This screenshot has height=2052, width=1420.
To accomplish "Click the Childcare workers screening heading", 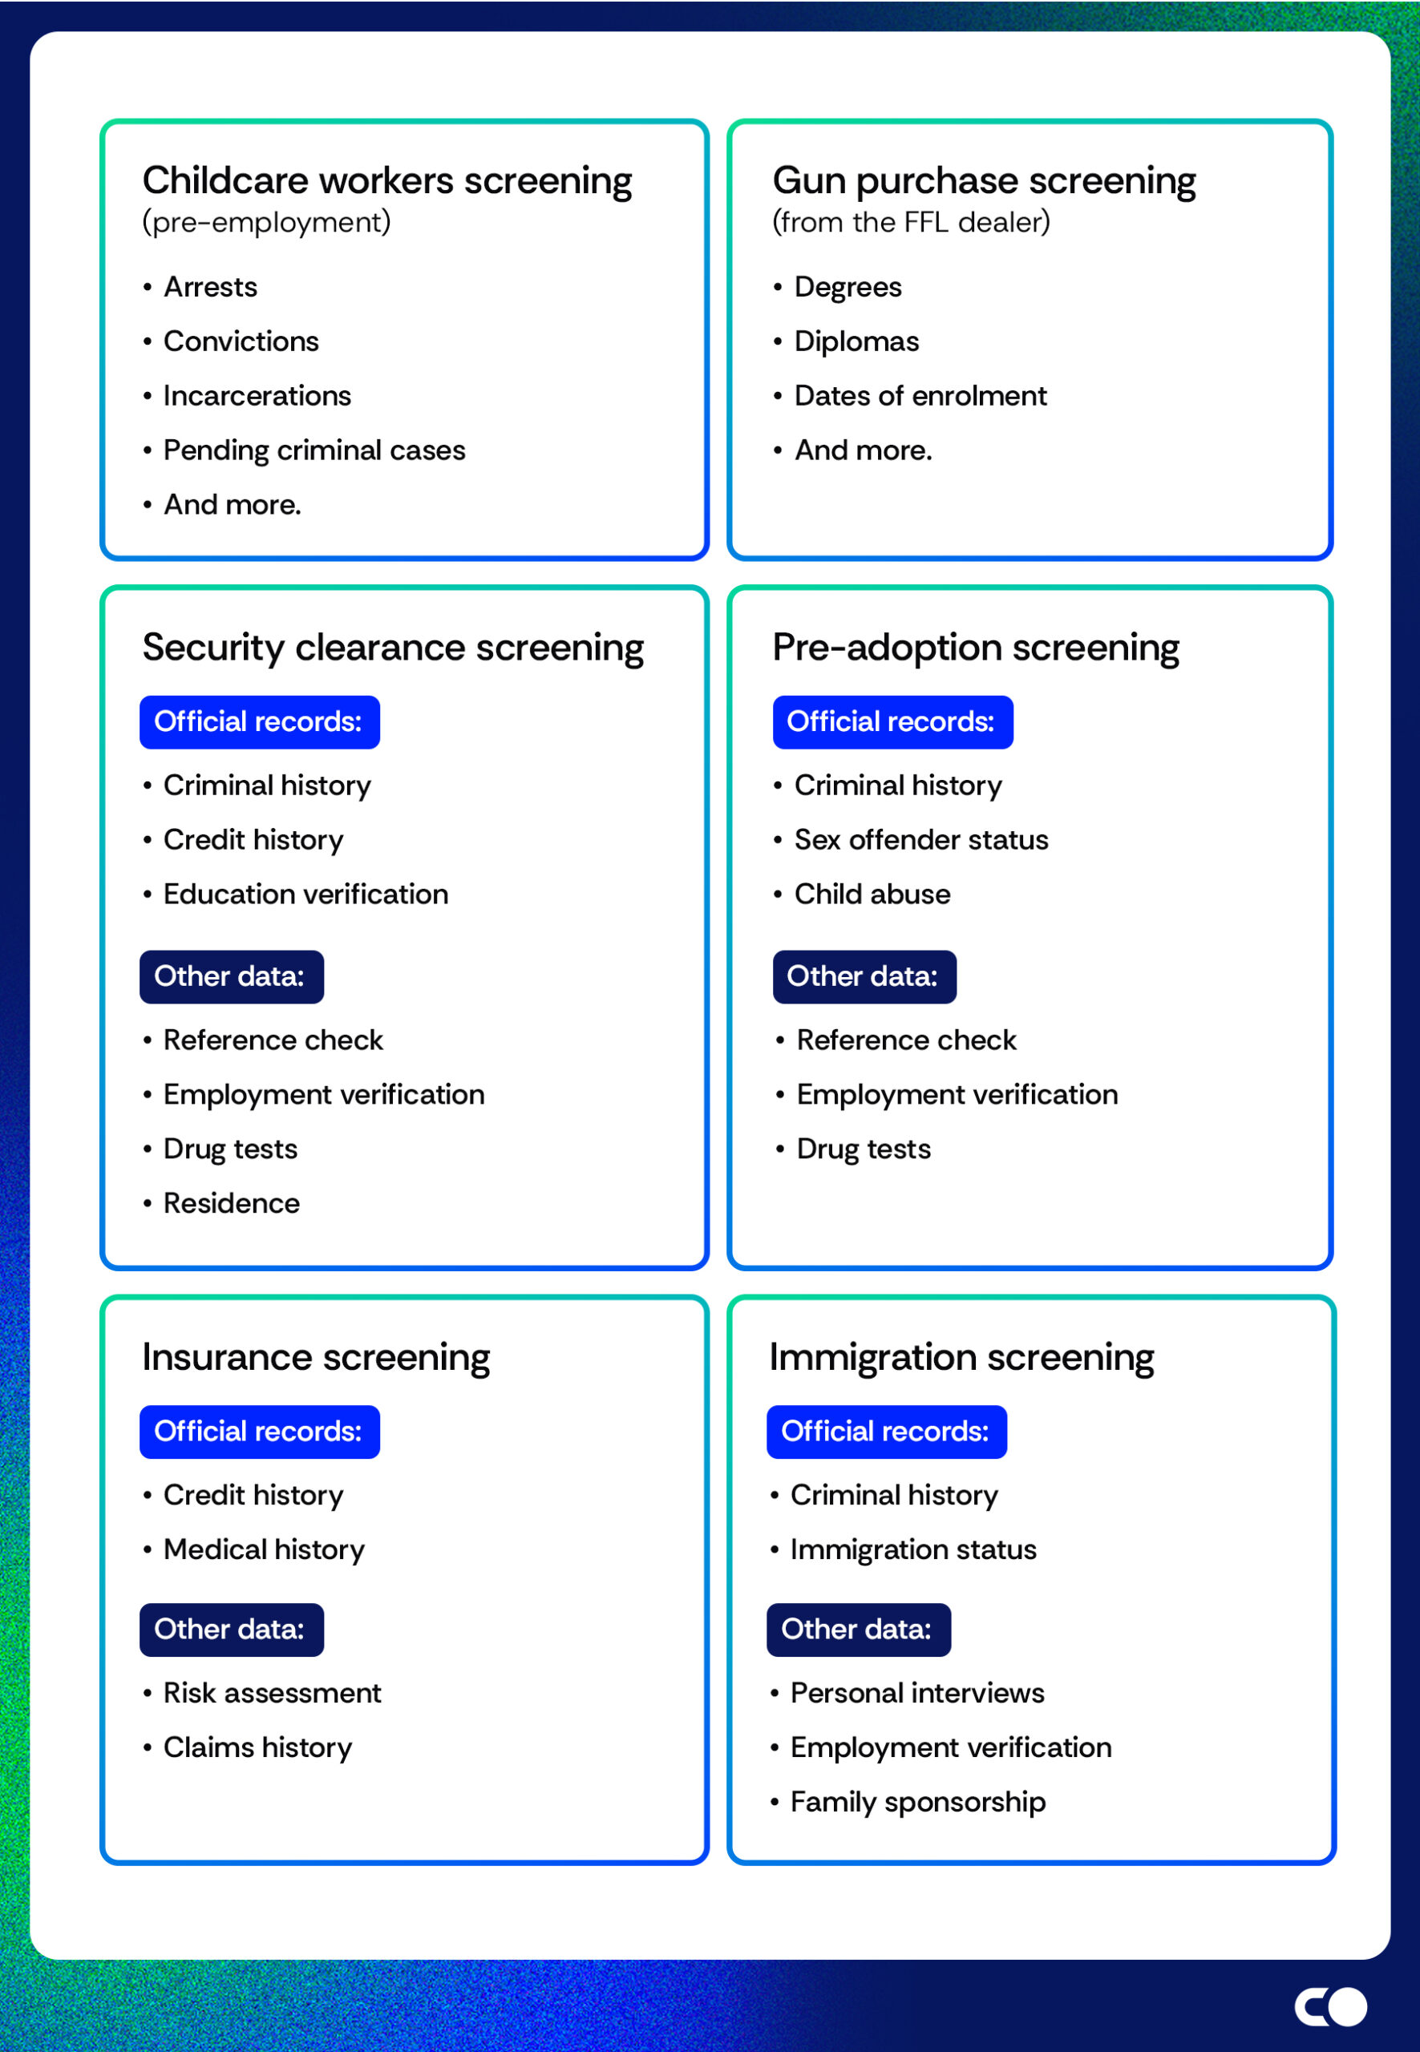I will [x=387, y=180].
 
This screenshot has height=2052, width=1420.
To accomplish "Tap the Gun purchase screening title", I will [x=983, y=180].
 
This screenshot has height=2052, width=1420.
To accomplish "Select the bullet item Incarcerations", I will [x=257, y=396].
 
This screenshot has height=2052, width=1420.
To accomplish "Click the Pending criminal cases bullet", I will [x=314, y=450].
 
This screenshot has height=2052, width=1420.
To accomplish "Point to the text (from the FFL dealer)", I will [x=910, y=221].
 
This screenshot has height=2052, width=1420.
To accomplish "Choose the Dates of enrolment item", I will [x=920, y=396].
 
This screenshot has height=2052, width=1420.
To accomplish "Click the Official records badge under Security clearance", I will [x=259, y=721].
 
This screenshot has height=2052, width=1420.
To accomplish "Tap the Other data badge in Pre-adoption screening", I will [x=864, y=976].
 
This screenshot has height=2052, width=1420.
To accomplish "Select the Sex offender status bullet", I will [x=920, y=840].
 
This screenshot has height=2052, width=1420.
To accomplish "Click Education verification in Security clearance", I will [x=305, y=894].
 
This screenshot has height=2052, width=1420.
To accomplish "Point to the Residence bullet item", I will [x=232, y=1203].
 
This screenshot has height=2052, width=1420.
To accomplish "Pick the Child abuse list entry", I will [x=872, y=894].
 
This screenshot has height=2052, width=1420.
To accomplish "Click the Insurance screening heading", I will [x=316, y=1357].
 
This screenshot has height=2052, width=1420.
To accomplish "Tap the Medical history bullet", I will [x=263, y=1549].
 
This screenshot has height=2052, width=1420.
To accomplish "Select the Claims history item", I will [x=257, y=1747].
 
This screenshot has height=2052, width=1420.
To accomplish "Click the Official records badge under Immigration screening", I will [x=886, y=1431].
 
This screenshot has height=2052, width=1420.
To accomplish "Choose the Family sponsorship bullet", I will [x=917, y=1802].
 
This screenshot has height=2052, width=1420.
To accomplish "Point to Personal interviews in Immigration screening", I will [x=916, y=1693].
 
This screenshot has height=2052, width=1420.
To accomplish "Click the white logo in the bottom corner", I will [x=1330, y=2006].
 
